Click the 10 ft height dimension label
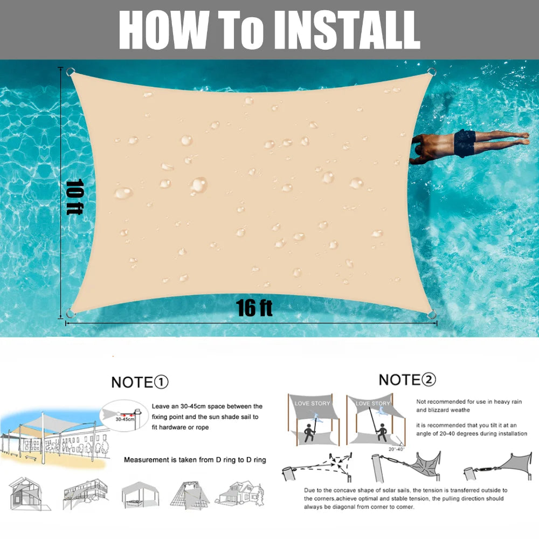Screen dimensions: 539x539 [x=73, y=196]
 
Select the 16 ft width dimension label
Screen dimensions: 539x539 [x=254, y=308]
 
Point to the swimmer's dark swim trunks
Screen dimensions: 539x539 [x=464, y=143]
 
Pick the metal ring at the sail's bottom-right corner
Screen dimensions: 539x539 [x=431, y=315]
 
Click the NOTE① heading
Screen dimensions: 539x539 [x=140, y=383]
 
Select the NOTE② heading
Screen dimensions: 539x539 [x=407, y=380]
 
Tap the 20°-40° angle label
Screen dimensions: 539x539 [x=396, y=448]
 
